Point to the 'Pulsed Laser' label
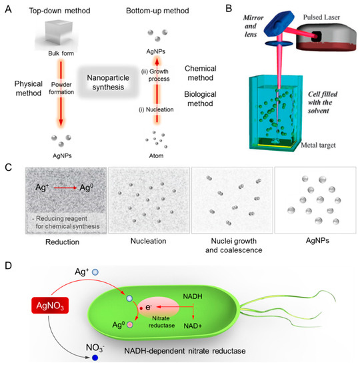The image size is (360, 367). (x=324, y=11)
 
